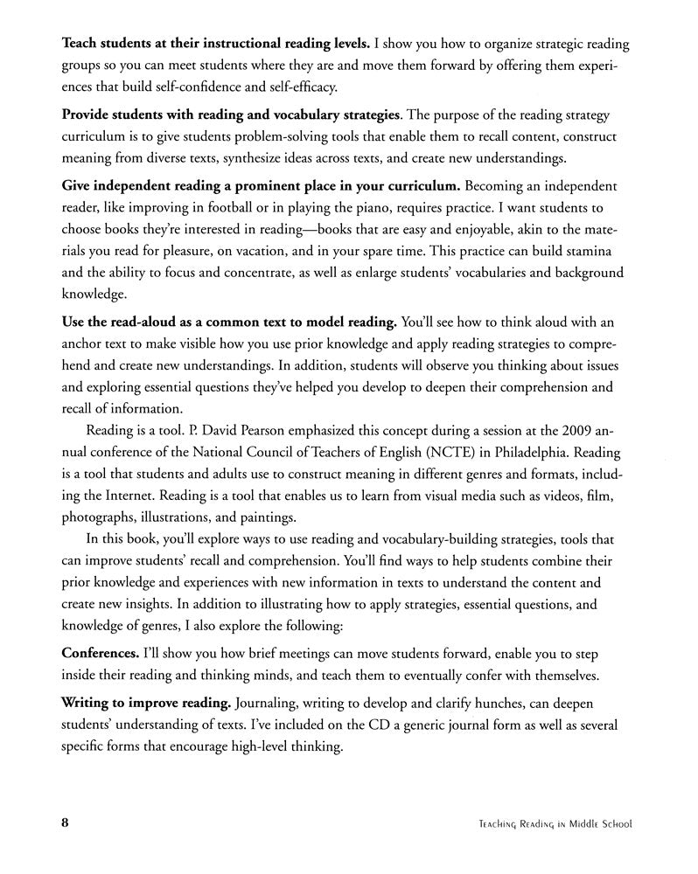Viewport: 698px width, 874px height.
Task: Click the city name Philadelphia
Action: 517,451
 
